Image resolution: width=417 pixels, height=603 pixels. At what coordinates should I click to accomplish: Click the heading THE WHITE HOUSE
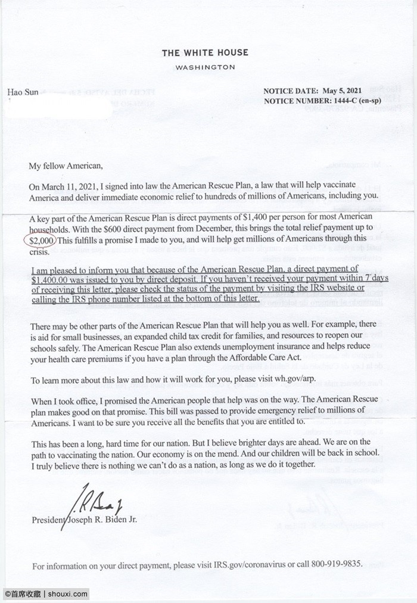coord(205,54)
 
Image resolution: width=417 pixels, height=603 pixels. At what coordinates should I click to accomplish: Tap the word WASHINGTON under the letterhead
coord(205,67)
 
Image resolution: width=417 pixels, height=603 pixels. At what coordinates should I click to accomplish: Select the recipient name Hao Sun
coord(22,92)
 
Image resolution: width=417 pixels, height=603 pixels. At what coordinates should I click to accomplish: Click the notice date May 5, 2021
coord(342,91)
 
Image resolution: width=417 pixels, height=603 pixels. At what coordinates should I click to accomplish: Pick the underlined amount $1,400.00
coord(51,278)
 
